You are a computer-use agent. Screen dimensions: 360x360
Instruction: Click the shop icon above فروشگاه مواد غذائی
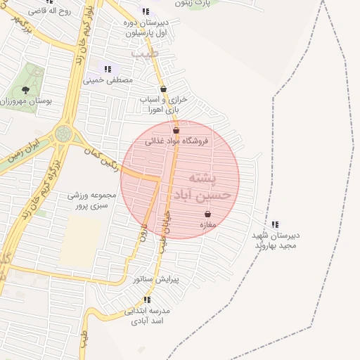pos(176,130)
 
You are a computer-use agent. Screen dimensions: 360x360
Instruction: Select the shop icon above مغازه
pos(207,214)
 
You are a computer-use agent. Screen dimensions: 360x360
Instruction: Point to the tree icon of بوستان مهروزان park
pos(26,90)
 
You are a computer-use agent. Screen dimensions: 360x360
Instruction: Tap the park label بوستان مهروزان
pos(26,101)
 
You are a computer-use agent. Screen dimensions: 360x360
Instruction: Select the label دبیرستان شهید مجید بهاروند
pos(276,240)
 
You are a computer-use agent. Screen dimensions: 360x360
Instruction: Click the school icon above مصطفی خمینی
pos(108,69)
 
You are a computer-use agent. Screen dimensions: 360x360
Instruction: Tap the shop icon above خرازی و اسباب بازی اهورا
pos(164,89)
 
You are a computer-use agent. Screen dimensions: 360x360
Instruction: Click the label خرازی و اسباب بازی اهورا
pos(162,105)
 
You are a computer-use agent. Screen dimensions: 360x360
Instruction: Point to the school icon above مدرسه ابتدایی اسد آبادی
pos(147,300)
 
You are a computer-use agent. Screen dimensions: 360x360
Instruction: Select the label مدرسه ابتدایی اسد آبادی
pos(148,315)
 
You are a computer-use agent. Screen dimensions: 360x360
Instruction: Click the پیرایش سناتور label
pos(156,279)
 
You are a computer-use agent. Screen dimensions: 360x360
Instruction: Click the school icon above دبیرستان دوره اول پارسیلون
pos(145,11)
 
